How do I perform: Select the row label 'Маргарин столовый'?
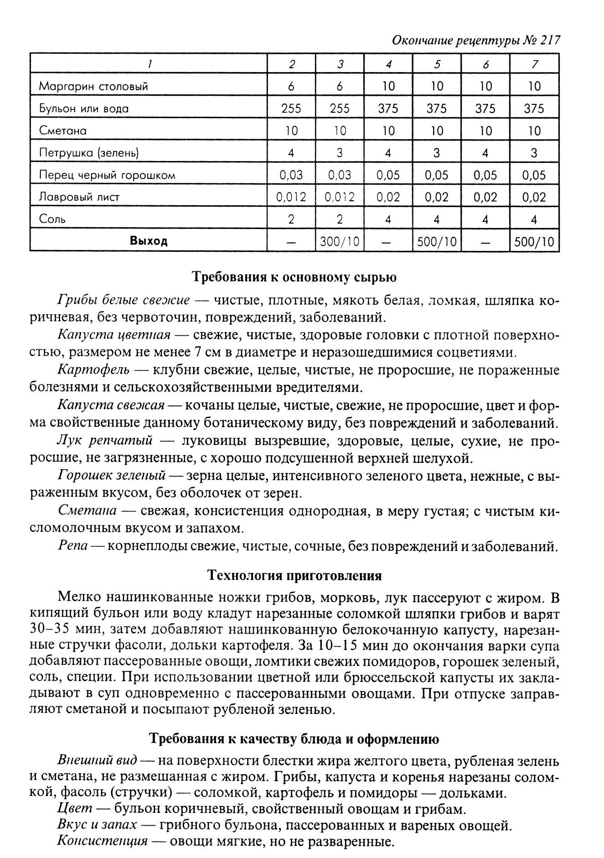(x=93, y=86)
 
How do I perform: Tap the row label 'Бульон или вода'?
(x=84, y=109)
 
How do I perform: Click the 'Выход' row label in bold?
(x=149, y=241)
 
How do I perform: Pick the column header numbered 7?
(x=534, y=64)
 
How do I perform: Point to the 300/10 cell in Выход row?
(x=340, y=241)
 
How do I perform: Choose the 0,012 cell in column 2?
(x=291, y=197)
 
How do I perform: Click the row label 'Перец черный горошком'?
(x=107, y=175)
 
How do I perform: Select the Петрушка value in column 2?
(x=291, y=153)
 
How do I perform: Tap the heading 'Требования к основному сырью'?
(x=294, y=277)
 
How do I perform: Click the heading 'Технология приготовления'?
(x=294, y=576)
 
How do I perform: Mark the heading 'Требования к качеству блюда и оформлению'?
(x=294, y=738)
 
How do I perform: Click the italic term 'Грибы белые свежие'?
(x=123, y=300)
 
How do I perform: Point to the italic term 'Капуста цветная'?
(x=114, y=335)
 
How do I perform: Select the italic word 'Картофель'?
(x=93, y=370)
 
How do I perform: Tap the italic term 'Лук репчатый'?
(x=104, y=441)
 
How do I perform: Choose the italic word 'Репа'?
(x=72, y=546)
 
